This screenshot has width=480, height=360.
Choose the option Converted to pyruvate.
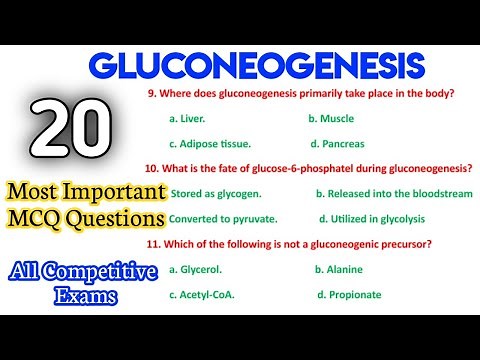coord(223,218)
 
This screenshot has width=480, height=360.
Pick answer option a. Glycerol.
coord(197,269)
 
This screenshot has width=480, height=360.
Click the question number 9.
coord(149,93)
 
